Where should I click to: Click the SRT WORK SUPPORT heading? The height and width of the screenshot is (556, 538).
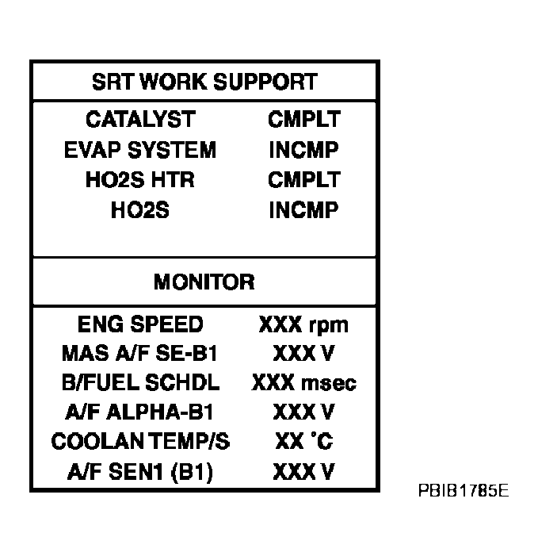pyautogui.click(x=204, y=82)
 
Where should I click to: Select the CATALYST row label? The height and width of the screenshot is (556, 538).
pyautogui.click(x=140, y=119)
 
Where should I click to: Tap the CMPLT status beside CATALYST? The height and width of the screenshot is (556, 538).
pyautogui.click(x=304, y=119)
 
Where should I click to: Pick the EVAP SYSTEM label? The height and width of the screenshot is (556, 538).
pyautogui.click(x=140, y=150)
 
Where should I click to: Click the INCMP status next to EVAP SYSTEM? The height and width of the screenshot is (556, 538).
pyautogui.click(x=303, y=150)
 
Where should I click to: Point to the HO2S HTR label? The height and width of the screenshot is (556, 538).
pyautogui.click(x=140, y=179)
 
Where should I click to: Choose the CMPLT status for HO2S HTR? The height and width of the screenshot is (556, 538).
pyautogui.click(x=304, y=179)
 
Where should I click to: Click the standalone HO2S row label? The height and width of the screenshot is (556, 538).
pyautogui.click(x=140, y=210)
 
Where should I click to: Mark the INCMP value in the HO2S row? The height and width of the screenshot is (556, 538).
pyautogui.click(x=303, y=210)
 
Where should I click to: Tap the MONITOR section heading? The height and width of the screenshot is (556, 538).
pyautogui.click(x=204, y=282)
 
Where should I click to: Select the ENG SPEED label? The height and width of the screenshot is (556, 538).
pyautogui.click(x=140, y=324)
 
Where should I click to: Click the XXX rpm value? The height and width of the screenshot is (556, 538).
pyautogui.click(x=303, y=325)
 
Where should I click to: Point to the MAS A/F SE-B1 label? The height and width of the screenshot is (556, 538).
pyautogui.click(x=139, y=354)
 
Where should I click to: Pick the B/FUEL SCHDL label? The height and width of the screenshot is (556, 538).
pyautogui.click(x=140, y=383)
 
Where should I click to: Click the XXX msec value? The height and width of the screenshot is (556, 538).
pyautogui.click(x=304, y=383)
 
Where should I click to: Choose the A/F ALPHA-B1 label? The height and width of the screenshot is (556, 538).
pyautogui.click(x=139, y=412)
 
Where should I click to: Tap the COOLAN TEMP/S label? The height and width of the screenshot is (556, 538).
pyautogui.click(x=140, y=442)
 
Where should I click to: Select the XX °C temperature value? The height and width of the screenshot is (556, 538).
pyautogui.click(x=304, y=442)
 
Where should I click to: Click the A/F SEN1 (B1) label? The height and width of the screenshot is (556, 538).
pyautogui.click(x=140, y=472)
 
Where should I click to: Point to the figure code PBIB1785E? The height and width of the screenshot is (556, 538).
pyautogui.click(x=464, y=491)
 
